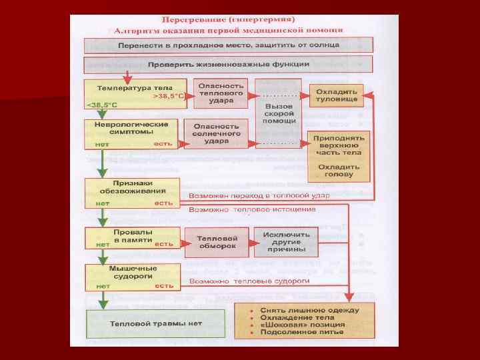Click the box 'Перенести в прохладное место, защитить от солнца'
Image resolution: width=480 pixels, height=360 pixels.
[229, 45]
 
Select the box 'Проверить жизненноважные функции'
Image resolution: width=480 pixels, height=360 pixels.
[229, 65]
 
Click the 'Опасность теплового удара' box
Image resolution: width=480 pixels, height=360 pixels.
[221, 94]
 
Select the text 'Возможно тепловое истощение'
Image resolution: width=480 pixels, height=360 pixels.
[253, 209]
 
